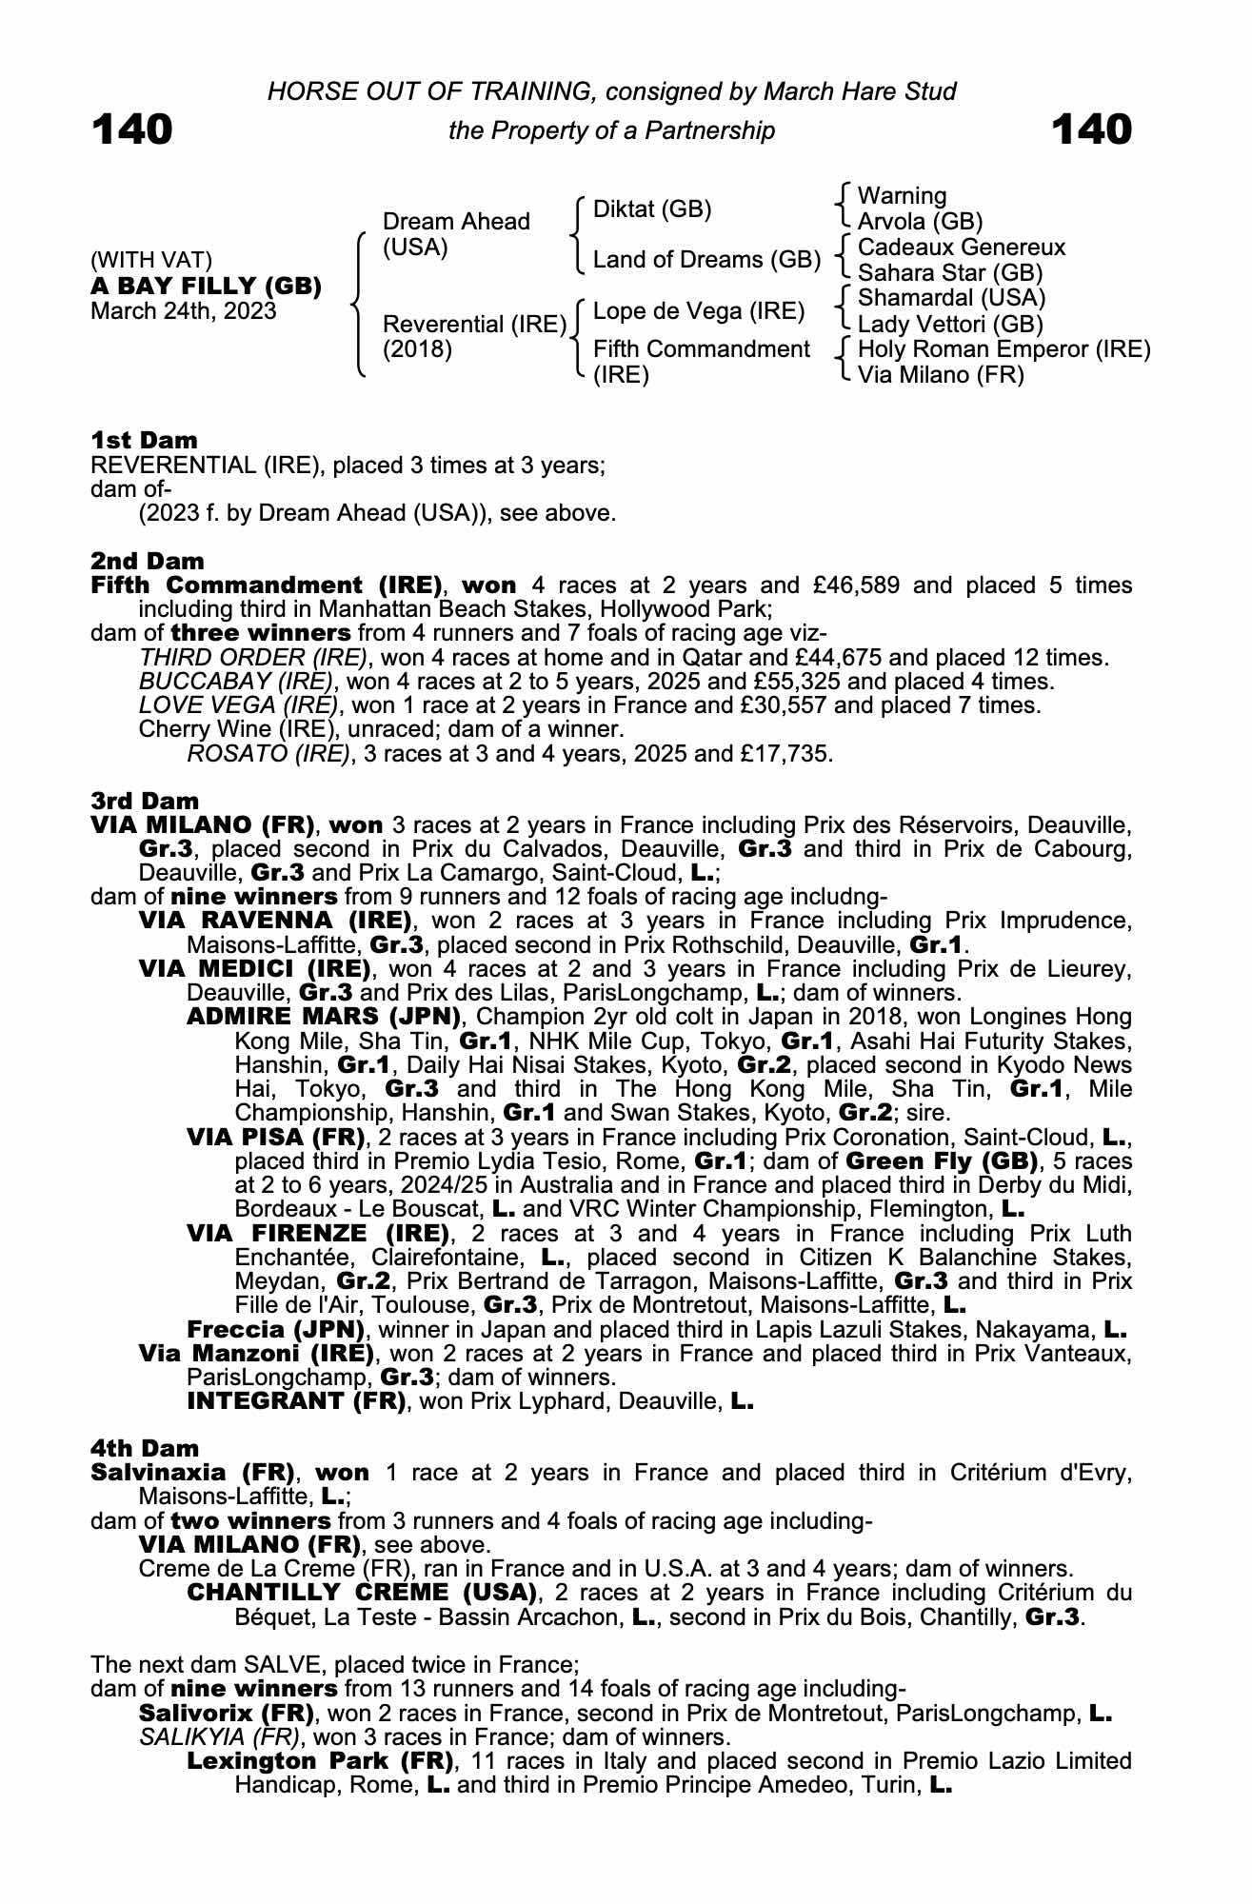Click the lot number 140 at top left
(132, 129)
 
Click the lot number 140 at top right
(1092, 129)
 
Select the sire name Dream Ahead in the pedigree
(455, 222)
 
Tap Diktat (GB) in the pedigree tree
(652, 209)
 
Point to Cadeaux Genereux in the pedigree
(962, 248)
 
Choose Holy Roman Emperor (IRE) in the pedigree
(1004, 349)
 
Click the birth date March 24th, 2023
(183, 311)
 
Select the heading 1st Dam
(145, 440)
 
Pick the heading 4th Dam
(145, 1448)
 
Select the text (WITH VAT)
(151, 261)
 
